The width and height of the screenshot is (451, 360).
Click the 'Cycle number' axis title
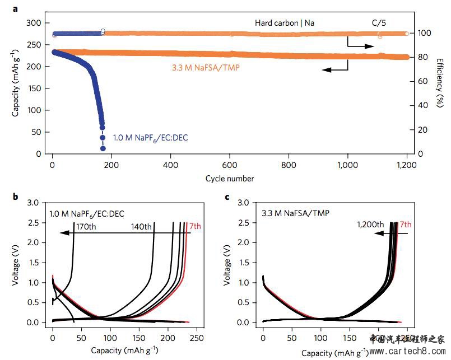click(x=230, y=179)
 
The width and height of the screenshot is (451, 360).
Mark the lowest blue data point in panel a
click(x=103, y=148)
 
